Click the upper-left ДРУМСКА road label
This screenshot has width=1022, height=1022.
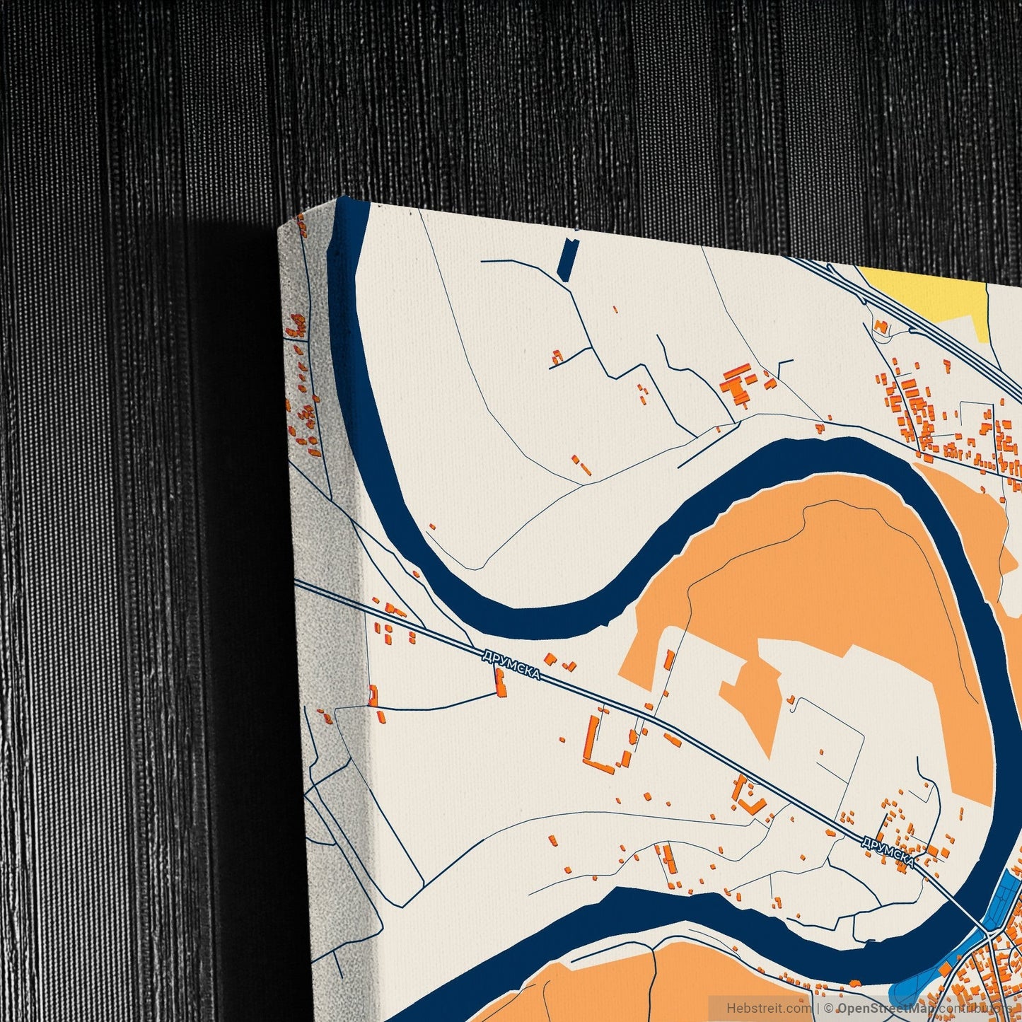pos(511,665)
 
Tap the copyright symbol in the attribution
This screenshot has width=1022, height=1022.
pos(829,1007)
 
